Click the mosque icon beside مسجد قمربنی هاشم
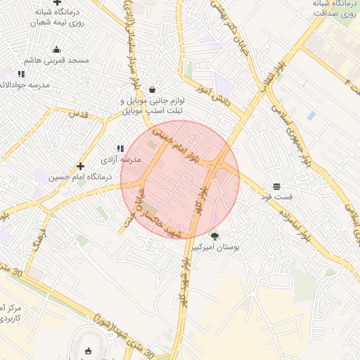point(56,49)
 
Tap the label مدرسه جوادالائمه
point(25,84)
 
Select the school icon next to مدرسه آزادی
point(120,148)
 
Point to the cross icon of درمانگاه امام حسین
point(81,167)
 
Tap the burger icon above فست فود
point(276,187)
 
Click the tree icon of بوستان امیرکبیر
point(214,236)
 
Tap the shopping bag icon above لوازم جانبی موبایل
point(153,90)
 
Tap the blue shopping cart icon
point(310,115)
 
